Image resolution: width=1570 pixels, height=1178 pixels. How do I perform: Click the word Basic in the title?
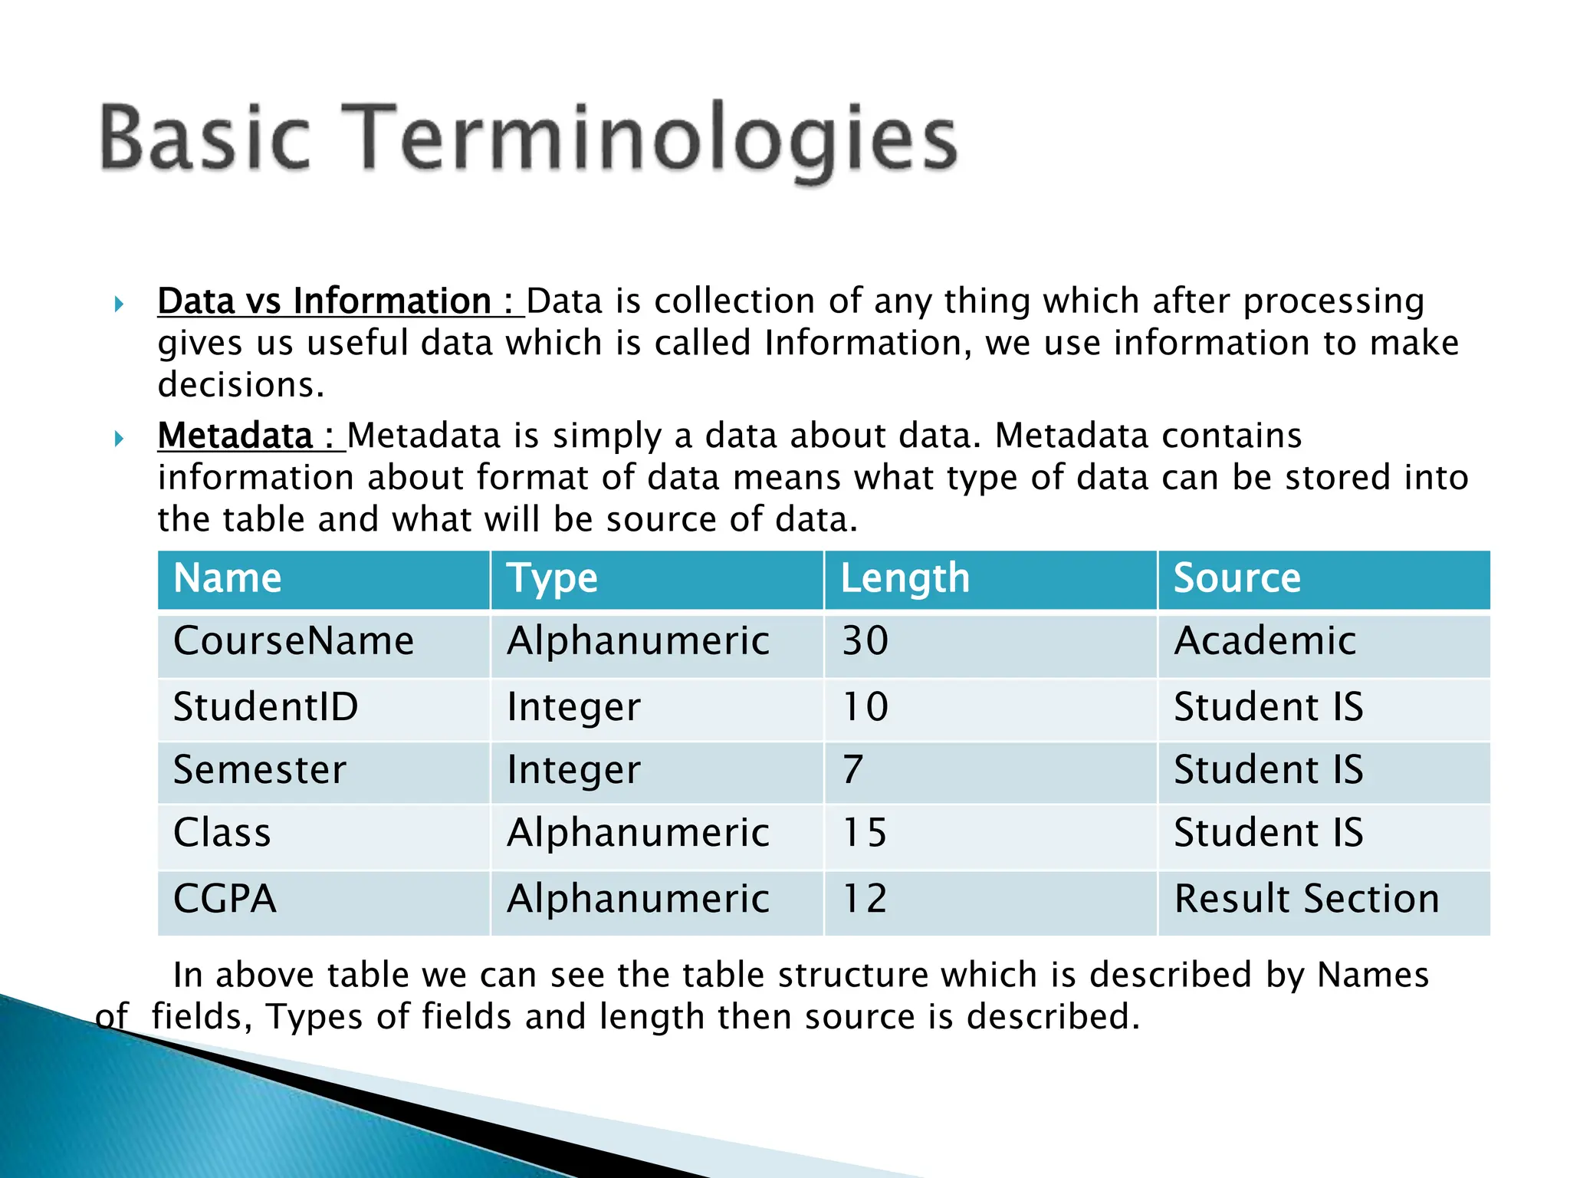pyautogui.click(x=205, y=138)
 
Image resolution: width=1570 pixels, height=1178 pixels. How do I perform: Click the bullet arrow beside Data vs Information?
pyautogui.click(x=119, y=304)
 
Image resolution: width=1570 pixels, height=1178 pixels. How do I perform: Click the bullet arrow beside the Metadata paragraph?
pyautogui.click(x=119, y=439)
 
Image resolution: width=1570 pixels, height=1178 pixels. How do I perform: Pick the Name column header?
pyautogui.click(x=228, y=578)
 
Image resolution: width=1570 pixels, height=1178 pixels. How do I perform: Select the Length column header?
pyautogui.click(x=905, y=578)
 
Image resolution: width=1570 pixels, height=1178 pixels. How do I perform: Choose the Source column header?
pyautogui.click(x=1237, y=578)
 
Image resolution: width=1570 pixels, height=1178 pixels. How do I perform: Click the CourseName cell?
pyautogui.click(x=294, y=641)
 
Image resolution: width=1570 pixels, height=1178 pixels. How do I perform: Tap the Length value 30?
pyautogui.click(x=865, y=641)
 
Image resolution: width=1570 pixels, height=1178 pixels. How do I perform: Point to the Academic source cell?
pyautogui.click(x=1265, y=641)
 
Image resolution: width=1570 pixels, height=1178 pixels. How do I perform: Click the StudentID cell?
pyautogui.click(x=266, y=707)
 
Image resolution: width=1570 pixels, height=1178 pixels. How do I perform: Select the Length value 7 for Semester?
pyautogui.click(x=852, y=770)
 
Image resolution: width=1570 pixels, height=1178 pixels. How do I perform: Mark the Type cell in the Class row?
pyautogui.click(x=638, y=833)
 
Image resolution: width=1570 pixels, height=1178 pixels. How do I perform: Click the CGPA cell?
pyautogui.click(x=225, y=899)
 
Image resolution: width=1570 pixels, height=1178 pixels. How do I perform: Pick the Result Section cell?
pyautogui.click(x=1306, y=899)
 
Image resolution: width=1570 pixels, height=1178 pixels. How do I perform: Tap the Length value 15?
pyautogui.click(x=865, y=833)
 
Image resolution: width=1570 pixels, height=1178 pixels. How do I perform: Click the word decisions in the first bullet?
pyautogui.click(x=241, y=385)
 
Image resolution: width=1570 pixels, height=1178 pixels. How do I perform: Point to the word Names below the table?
pyautogui.click(x=1372, y=976)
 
